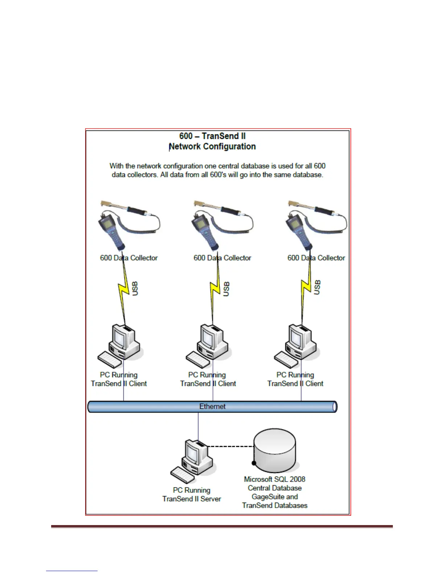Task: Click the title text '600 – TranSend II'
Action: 212,136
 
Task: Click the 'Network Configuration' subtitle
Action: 213,146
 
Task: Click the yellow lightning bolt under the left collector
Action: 124,290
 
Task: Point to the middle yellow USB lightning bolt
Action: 215,290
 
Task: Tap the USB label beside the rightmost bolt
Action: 317,287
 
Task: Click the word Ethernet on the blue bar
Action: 212,407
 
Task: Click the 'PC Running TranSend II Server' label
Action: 192,495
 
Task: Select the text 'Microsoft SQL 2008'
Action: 275,479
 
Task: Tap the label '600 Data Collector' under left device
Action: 129,258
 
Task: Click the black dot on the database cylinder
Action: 254,463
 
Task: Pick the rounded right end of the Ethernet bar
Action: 334,407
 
